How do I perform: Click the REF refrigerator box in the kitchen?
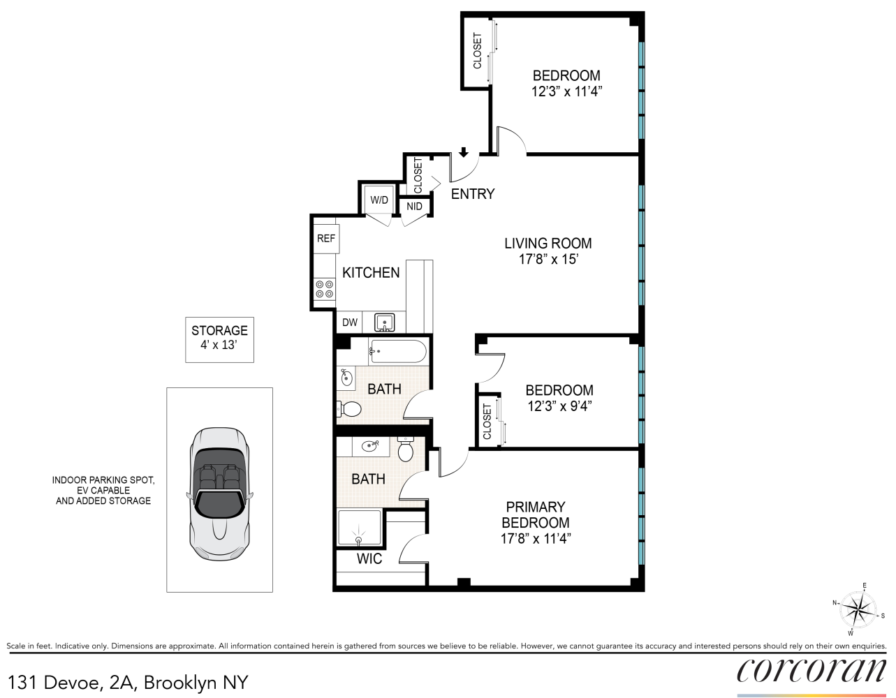[326, 239]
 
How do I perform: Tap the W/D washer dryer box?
[379, 200]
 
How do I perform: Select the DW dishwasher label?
[350, 322]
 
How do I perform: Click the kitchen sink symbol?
[385, 322]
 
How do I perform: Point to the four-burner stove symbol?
[324, 289]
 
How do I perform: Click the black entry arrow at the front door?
[463, 153]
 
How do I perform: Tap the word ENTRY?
[473, 194]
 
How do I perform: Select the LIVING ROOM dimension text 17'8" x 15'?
[548, 260]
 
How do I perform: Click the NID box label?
[414, 207]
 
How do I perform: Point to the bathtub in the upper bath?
[397, 351]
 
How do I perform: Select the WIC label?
[369, 559]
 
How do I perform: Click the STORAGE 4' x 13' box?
[219, 340]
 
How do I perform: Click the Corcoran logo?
[811, 671]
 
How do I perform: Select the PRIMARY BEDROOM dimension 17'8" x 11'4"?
[536, 539]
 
